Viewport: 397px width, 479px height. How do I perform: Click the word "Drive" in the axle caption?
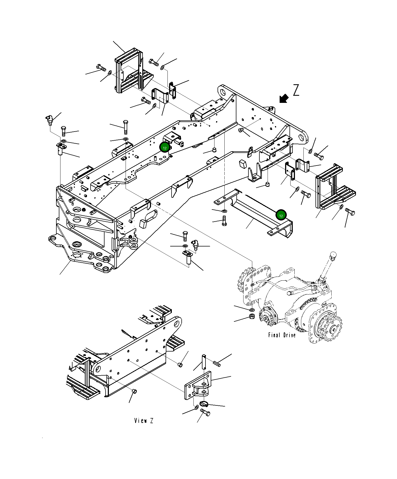point(289,335)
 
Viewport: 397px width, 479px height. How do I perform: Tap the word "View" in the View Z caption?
point(141,420)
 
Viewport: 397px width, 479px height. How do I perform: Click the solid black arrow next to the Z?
point(284,98)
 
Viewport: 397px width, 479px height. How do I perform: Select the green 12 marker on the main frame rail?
point(165,148)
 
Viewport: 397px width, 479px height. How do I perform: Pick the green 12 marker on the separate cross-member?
point(281,216)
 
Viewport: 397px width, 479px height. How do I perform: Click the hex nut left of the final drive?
point(252,317)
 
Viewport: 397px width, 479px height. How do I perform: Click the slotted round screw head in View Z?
point(204,404)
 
